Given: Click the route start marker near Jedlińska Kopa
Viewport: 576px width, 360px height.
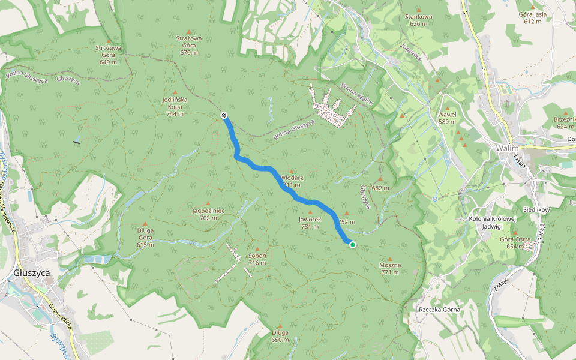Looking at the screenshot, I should click(x=224, y=115).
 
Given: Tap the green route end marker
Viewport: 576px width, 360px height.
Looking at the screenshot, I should click(x=353, y=244).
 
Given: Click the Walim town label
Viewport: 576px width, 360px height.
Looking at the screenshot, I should click(x=507, y=148).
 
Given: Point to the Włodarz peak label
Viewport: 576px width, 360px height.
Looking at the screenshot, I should click(x=292, y=178).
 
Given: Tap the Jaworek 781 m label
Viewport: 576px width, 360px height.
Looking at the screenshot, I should click(x=310, y=223).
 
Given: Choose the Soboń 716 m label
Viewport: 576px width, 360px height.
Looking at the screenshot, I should click(x=257, y=259).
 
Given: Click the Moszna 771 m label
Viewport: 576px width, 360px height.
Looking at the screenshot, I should click(x=389, y=268).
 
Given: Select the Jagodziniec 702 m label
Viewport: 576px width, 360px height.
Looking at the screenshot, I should click(x=208, y=214).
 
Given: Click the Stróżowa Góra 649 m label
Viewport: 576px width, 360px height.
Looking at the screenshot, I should click(x=109, y=54).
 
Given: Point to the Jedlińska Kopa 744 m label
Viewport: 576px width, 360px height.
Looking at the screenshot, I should click(x=175, y=106).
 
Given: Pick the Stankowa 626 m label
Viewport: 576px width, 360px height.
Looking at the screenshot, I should click(x=419, y=20).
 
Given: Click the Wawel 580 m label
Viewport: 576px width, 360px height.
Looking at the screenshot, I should click(x=447, y=118).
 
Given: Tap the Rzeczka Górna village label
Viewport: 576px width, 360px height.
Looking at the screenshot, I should click(x=440, y=310).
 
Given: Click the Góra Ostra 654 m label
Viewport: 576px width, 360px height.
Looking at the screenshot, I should click(x=515, y=242).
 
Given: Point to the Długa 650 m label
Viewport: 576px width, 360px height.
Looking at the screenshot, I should click(x=280, y=336).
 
